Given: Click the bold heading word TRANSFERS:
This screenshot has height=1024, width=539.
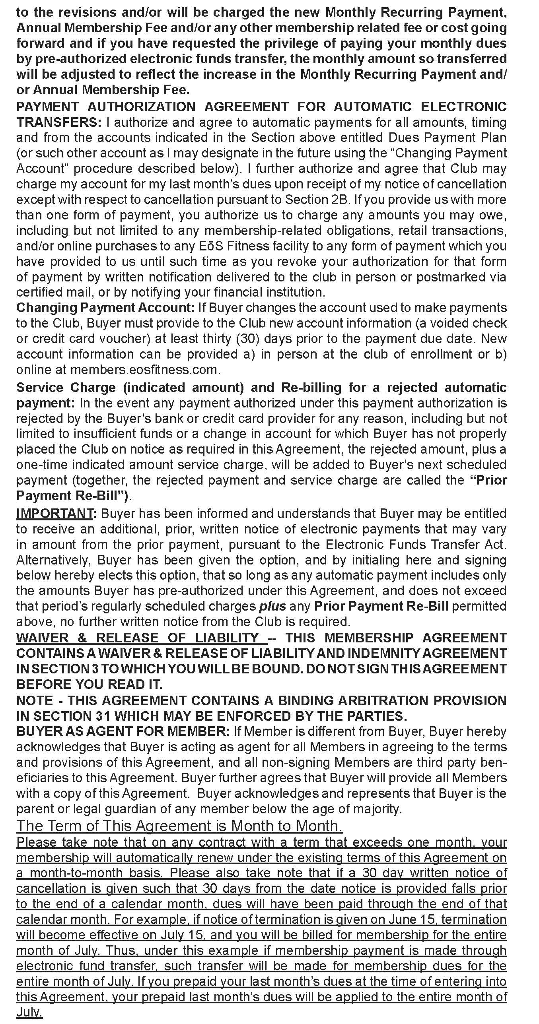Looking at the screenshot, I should tap(59, 122).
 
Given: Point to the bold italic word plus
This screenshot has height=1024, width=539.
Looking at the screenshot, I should tap(272, 606).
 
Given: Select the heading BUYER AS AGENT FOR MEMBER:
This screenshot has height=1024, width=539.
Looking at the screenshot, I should tap(123, 731).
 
